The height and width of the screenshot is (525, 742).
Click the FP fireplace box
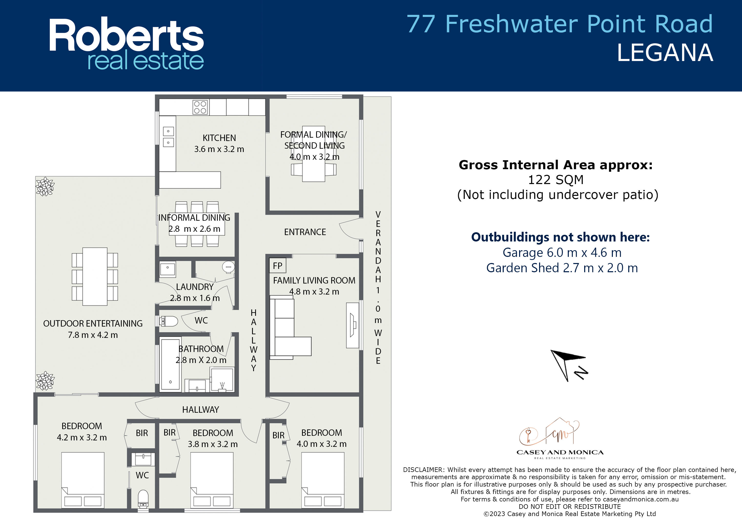coord(277,266)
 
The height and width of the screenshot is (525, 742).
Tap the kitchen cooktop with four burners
coord(200,107)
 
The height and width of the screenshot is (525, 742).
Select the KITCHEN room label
coord(219,138)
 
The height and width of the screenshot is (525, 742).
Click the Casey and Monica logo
coord(560,438)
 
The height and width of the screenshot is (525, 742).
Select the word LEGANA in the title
coord(665,53)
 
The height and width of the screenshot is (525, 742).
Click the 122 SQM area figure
coord(555,180)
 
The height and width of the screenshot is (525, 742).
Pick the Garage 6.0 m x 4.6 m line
coord(562,253)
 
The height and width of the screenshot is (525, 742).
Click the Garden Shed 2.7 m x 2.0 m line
coord(562,268)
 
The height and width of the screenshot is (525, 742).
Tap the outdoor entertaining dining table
coord(95,277)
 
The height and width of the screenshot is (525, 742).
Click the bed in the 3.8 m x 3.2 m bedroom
coord(212,480)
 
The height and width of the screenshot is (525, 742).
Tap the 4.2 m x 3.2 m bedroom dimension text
coord(82,437)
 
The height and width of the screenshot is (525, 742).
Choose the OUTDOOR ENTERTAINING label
coord(93,324)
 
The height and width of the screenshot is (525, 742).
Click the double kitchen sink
coord(168,137)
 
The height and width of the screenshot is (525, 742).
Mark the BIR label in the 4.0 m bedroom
coord(278,436)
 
